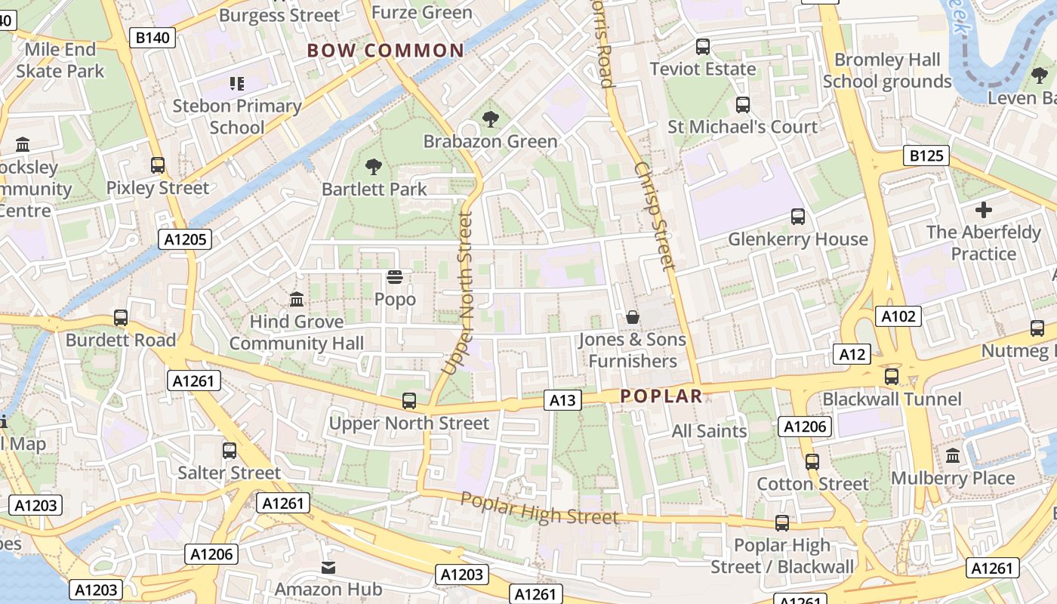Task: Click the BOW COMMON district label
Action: coord(385,51)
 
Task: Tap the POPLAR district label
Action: coord(661,396)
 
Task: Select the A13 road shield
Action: coord(563,400)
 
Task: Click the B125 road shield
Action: coord(926,156)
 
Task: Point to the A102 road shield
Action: coord(898,316)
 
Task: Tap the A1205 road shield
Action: coord(185,239)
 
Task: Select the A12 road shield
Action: coord(851,353)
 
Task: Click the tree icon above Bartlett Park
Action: coord(373,167)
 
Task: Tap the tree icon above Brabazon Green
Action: coord(490,119)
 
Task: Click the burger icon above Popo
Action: coord(395,277)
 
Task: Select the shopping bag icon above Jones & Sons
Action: coord(633,317)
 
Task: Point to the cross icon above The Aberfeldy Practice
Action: coord(983,209)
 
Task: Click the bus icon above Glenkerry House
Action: coord(798,217)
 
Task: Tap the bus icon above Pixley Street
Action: coord(158,165)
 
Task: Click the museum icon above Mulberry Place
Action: coord(953,455)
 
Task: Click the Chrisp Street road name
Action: coord(655,216)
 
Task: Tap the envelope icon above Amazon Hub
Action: coord(328,566)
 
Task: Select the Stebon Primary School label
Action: coord(237,116)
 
